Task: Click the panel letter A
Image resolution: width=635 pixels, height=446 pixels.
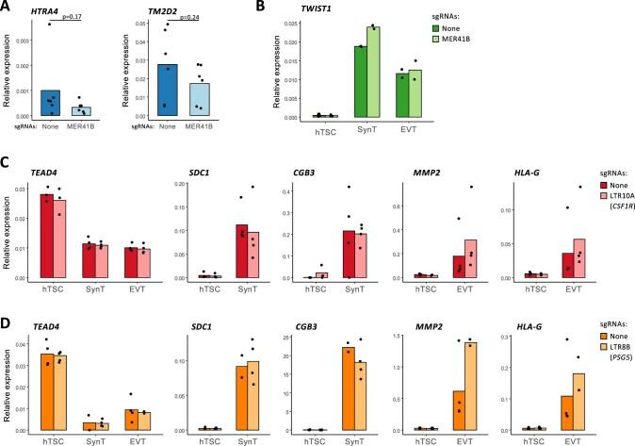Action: point(8,8)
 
